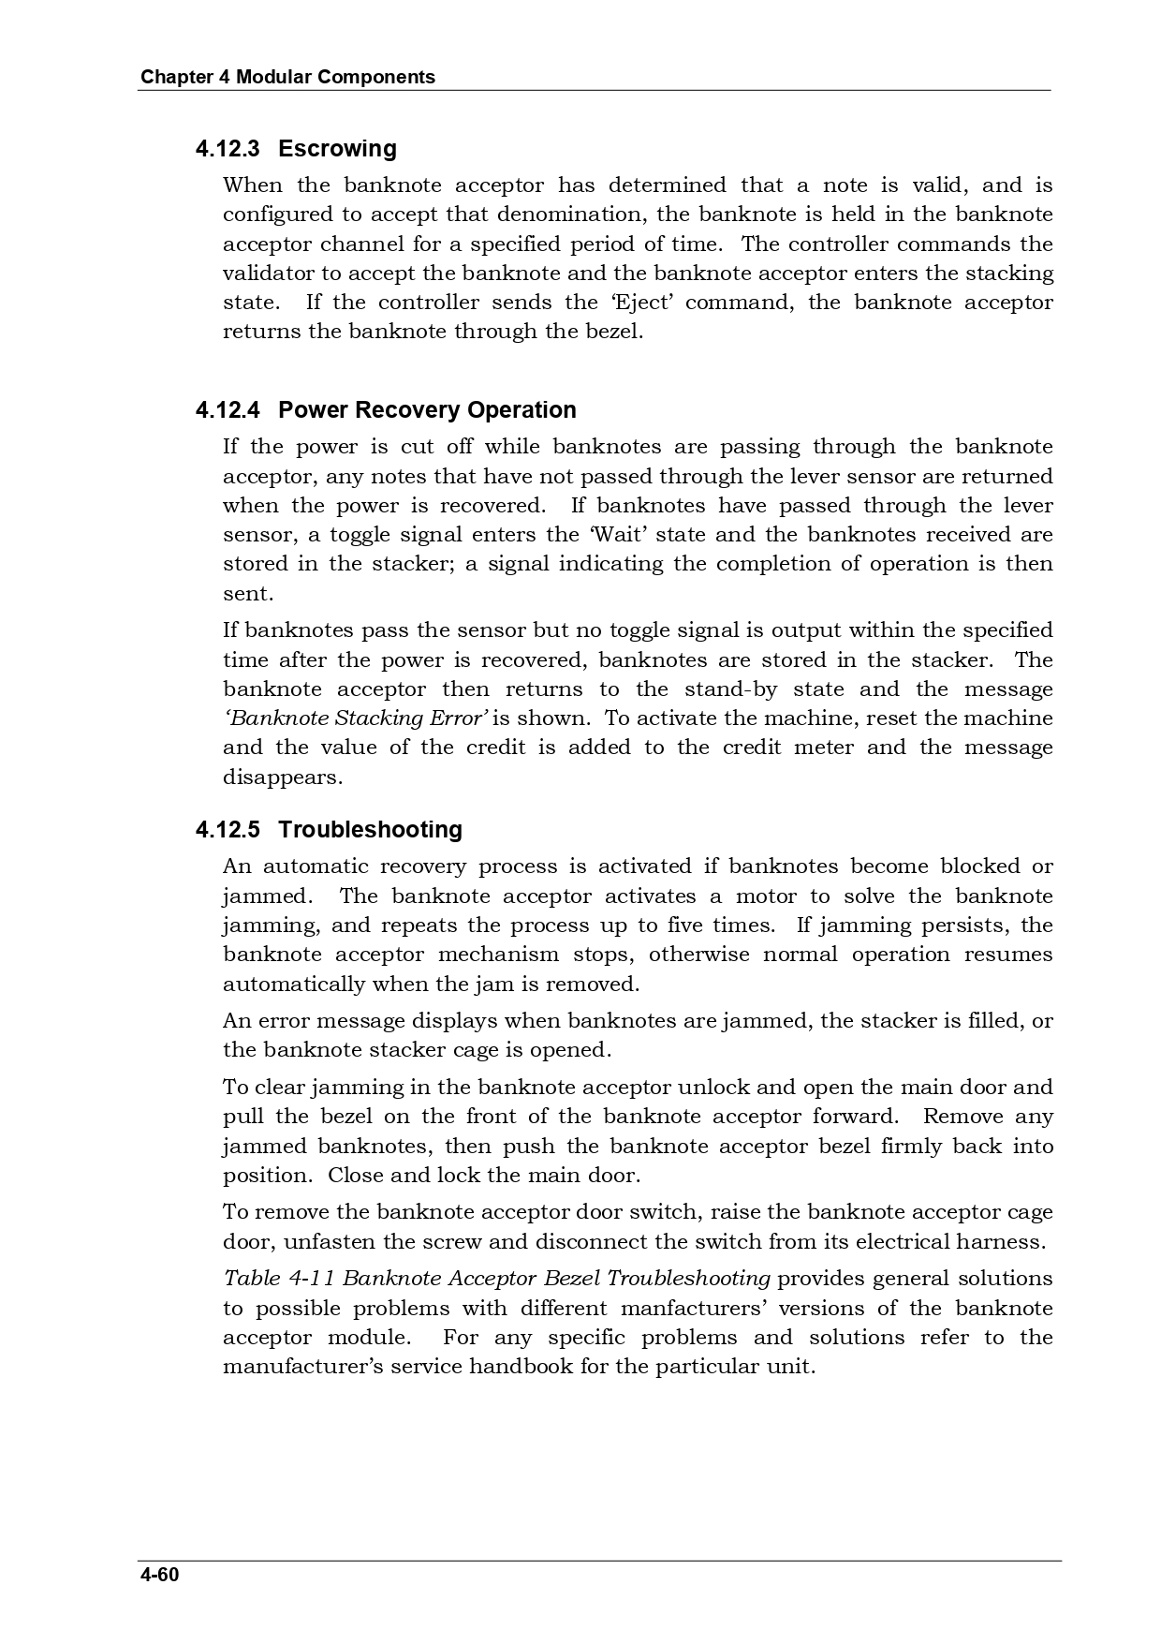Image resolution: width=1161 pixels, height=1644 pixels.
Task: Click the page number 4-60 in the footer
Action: tap(159, 1574)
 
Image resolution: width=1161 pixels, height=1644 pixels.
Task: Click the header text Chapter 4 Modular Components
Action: tap(287, 77)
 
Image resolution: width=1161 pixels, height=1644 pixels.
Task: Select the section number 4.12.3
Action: tap(228, 149)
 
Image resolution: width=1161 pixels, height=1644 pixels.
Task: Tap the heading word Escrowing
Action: tap(337, 149)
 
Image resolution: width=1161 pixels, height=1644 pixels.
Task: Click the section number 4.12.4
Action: tap(228, 410)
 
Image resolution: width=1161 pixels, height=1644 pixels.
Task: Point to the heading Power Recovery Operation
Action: tap(427, 410)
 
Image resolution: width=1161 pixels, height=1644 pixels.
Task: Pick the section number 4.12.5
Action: tap(228, 830)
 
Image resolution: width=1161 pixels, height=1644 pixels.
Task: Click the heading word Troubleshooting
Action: tap(370, 830)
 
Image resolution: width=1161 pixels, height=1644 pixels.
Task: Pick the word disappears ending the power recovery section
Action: tap(282, 778)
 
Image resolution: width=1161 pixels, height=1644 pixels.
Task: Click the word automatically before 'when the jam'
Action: tap(293, 985)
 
